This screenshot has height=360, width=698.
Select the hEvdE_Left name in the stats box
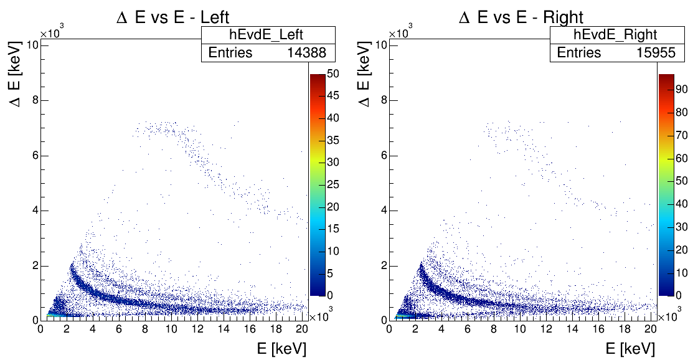pyautogui.click(x=266, y=35)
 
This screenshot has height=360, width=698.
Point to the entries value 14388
pyautogui.click(x=306, y=53)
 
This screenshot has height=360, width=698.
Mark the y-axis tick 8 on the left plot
pyautogui.click(x=35, y=100)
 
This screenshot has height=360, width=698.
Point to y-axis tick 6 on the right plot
pyautogui.click(x=384, y=154)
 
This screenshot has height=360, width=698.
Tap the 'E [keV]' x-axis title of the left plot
pyautogui.click(x=281, y=348)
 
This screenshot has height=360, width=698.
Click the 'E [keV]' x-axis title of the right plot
pyautogui.click(x=630, y=348)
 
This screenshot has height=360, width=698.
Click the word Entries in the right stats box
pyautogui.click(x=579, y=53)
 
